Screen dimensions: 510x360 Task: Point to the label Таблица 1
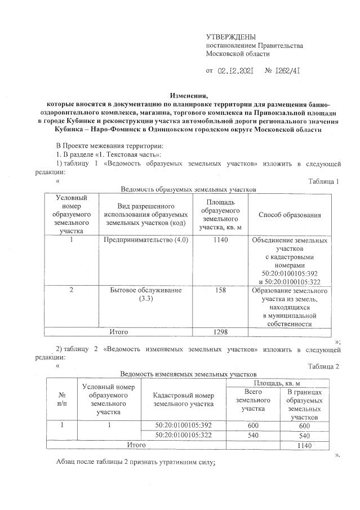[324, 181]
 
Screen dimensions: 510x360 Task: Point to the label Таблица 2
[324, 366]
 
